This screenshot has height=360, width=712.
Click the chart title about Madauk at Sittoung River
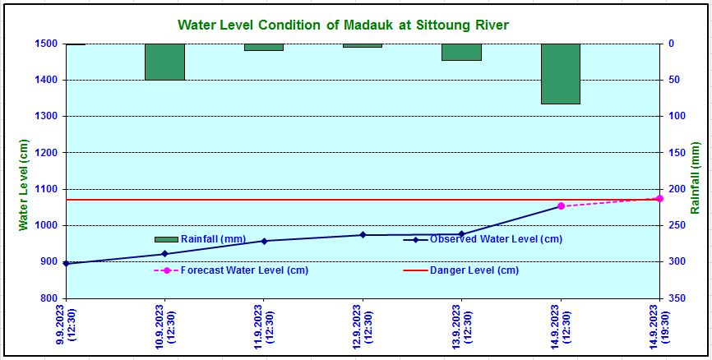point(343,25)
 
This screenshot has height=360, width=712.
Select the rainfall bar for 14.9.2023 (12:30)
point(561,74)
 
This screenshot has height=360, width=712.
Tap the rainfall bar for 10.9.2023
point(164,62)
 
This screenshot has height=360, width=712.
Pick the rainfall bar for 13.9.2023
point(461,52)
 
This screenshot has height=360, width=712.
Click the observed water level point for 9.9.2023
point(67,263)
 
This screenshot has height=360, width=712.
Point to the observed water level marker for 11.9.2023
point(264,241)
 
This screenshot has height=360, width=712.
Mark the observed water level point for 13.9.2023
point(461,234)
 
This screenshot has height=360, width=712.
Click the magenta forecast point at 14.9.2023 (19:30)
point(659,198)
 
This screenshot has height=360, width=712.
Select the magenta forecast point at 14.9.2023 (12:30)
point(561,206)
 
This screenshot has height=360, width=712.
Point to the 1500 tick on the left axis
point(46,44)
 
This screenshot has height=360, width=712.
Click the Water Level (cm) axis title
point(24,185)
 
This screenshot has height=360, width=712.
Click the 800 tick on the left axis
point(49,298)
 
